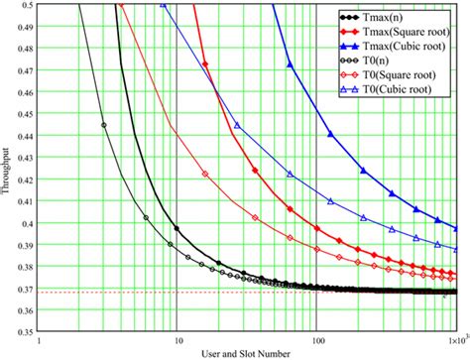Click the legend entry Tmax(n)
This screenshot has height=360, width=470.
(391, 16)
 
